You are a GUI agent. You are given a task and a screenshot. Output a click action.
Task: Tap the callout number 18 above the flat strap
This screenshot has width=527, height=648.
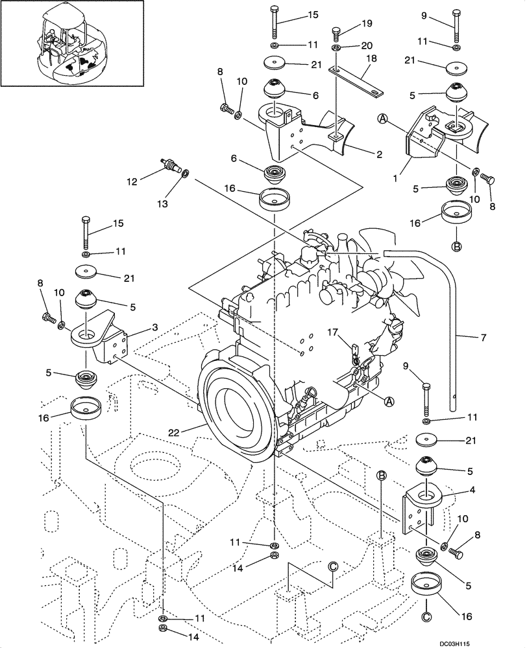pyautogui.click(x=371, y=58)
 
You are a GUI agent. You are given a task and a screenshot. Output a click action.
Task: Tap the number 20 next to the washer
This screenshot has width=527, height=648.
pyautogui.click(x=368, y=45)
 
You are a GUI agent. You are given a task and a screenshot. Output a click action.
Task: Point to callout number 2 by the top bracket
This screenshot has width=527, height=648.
pyautogui.click(x=378, y=154)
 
